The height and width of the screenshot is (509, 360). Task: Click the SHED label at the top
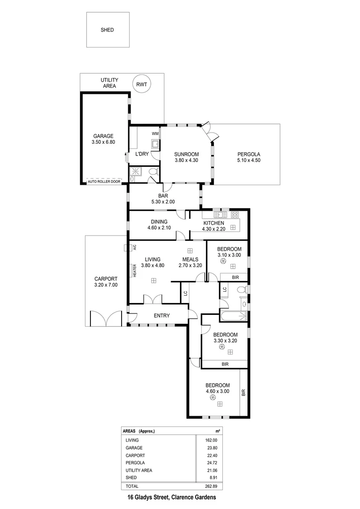[107, 30]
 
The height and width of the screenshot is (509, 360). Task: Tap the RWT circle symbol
[141, 85]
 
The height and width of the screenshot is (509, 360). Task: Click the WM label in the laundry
[155, 134]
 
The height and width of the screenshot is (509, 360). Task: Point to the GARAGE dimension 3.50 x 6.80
[103, 142]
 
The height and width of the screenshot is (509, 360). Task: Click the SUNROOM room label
[186, 154]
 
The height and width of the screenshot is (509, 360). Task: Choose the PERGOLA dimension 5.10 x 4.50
[249, 160]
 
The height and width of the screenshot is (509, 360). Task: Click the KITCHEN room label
[213, 223]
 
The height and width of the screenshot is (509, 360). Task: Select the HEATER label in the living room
[134, 270]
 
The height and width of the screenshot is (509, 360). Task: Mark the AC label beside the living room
[134, 246]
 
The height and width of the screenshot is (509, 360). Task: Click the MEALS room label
[190, 259]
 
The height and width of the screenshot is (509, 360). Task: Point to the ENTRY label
[162, 316]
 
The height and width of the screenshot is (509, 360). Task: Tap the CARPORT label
[106, 278]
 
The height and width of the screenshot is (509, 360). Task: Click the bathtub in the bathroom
[233, 316]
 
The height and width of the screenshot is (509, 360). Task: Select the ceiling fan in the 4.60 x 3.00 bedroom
[211, 398]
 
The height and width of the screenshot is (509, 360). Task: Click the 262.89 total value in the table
[214, 485]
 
